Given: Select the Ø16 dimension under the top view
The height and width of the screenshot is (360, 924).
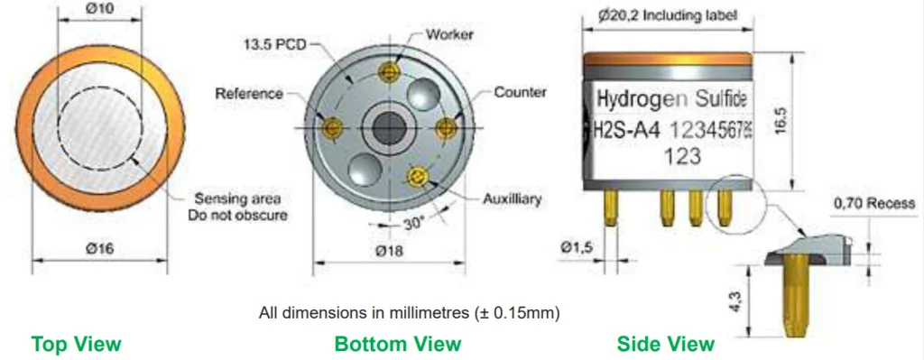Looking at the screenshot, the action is click(99, 249).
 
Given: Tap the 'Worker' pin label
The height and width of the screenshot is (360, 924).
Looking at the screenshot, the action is click(449, 34).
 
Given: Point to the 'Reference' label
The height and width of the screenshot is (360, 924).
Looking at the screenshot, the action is click(249, 94).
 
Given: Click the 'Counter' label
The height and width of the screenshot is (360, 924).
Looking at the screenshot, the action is click(521, 93).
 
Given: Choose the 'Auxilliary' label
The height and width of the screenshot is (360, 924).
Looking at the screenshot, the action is click(512, 199).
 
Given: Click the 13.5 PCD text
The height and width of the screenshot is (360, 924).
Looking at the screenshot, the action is click(276, 44).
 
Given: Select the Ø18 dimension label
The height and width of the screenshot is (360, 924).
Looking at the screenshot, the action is click(389, 251).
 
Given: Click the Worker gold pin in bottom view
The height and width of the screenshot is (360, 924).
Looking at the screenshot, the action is click(388, 72).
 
